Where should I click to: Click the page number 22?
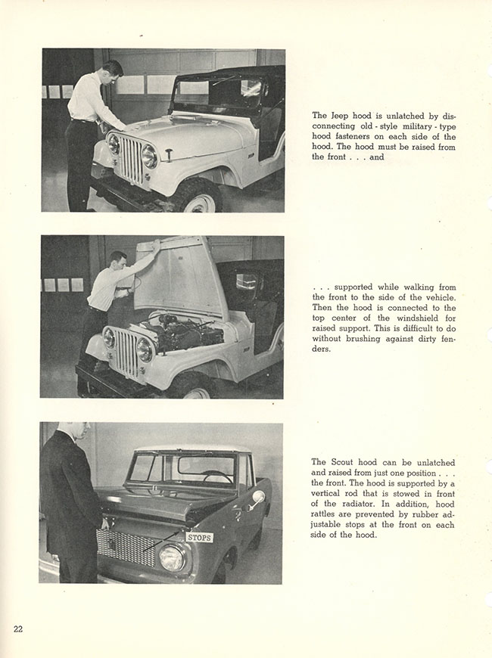coord(17,629)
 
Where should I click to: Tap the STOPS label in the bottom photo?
coord(199,537)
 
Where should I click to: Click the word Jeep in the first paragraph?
coord(340,115)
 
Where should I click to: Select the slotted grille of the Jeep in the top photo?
coord(129,159)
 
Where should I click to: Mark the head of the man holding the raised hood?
coord(117,262)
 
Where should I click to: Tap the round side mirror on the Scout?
coord(257,498)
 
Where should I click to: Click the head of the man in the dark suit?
coord(80,431)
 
